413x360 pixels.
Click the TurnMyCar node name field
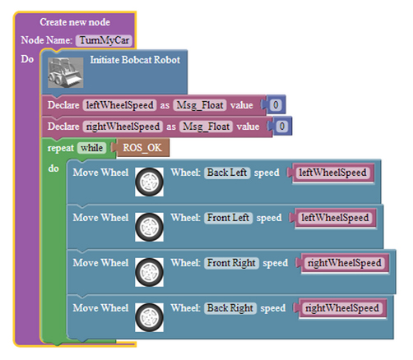point(104,40)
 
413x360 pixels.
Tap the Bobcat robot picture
point(66,72)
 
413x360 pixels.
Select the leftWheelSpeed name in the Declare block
point(119,105)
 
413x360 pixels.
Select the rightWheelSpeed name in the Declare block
point(123,127)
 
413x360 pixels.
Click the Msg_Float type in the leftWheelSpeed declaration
point(200,105)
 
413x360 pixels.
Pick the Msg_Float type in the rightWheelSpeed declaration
point(206,127)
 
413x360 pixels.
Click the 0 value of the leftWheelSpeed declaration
point(276,104)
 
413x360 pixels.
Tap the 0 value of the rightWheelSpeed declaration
point(282,127)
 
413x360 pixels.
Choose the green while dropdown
point(91,148)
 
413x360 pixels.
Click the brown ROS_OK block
point(142,148)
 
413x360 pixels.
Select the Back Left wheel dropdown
point(227,173)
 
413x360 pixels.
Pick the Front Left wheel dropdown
point(228,218)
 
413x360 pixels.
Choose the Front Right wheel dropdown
point(231,263)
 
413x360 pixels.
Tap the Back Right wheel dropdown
point(230,308)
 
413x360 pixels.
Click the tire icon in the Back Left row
point(149,182)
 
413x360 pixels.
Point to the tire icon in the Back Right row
point(149,317)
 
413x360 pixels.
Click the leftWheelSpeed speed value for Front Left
point(335,218)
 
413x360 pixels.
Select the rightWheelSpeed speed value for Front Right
point(345,263)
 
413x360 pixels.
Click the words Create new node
point(75,22)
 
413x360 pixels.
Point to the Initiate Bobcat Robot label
point(135,60)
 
